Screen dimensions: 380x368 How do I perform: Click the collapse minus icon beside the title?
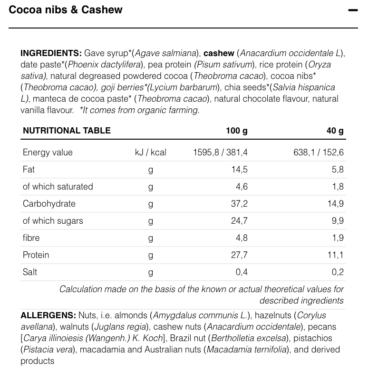(352, 10)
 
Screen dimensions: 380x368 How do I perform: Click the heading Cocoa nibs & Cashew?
(66, 10)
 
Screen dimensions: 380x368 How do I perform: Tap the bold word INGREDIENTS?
(51, 53)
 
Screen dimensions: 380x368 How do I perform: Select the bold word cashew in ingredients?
(219, 53)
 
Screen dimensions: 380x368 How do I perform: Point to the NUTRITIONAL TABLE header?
(67, 131)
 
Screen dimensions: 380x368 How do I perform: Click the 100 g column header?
(236, 131)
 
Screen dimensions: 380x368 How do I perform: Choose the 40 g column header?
(335, 131)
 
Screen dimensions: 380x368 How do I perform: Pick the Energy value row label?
(48, 152)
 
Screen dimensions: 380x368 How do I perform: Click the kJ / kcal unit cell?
(151, 152)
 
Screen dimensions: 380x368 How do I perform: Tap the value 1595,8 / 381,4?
(220, 152)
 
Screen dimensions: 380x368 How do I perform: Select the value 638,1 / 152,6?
(319, 152)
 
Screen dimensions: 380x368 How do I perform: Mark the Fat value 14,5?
(240, 170)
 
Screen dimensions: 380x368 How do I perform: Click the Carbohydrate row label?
(49, 204)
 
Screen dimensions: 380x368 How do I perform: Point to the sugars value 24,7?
(239, 221)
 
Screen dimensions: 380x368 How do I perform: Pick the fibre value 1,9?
(338, 238)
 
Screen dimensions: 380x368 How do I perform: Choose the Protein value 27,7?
(239, 255)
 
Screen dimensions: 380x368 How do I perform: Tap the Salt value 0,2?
(338, 272)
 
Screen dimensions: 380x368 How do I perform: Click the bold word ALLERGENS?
(48, 315)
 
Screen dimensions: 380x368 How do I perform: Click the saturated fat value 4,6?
(242, 187)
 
